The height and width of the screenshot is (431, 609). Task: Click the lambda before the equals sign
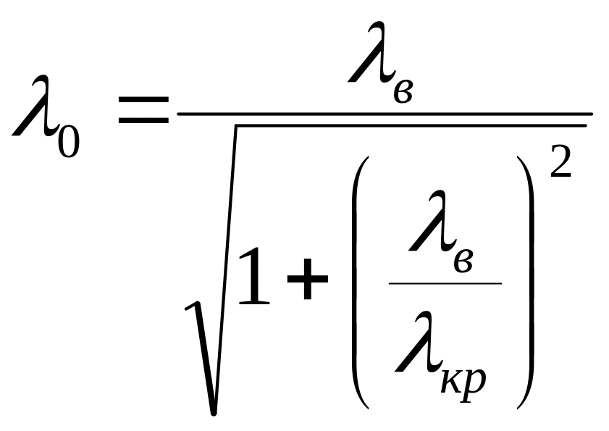pos(35,106)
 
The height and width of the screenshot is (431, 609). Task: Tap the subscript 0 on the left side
pos(69,142)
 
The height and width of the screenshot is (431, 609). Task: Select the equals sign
pos(143,110)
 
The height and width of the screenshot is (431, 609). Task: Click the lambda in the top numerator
pos(371,52)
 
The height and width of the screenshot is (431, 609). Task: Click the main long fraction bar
pos(385,114)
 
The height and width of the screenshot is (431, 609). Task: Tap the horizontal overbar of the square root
pos(411,125)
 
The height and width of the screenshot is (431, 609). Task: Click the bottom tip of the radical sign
pos(213,413)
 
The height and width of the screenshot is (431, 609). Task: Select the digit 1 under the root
pos(254,276)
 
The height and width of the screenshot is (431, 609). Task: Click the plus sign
pos(308,279)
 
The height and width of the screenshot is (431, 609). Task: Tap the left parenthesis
pos(360,283)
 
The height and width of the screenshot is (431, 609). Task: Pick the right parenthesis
pos(526,283)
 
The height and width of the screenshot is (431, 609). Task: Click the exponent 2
pos(560,162)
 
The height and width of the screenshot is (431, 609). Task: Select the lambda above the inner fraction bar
pos(432,221)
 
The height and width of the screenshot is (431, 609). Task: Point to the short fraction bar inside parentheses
pos(445,283)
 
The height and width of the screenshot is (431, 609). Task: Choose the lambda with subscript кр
pos(418,342)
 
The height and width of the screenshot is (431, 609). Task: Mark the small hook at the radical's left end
pos(192,306)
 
